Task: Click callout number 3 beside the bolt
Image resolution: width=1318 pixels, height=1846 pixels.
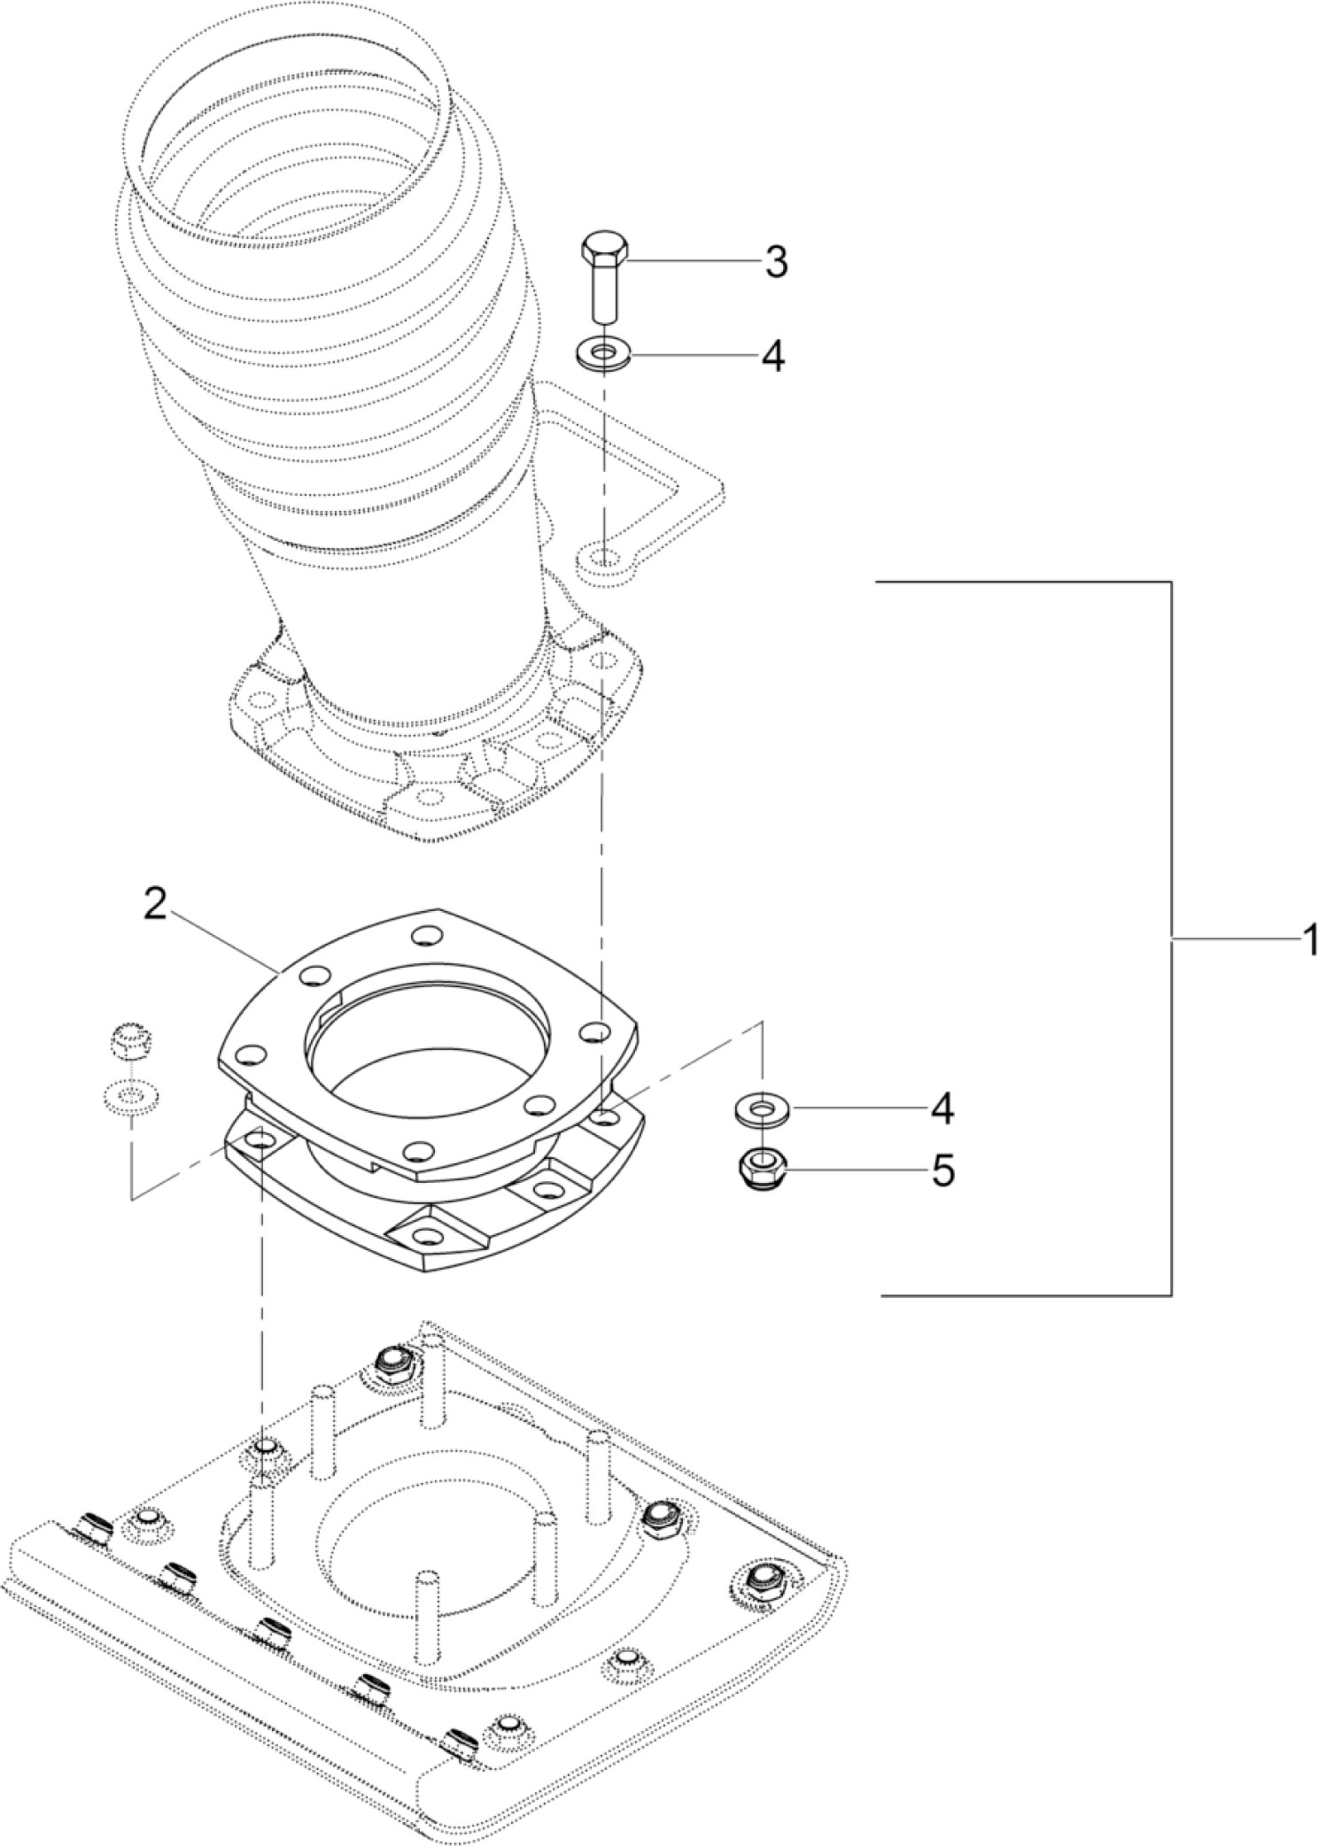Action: [x=776, y=263]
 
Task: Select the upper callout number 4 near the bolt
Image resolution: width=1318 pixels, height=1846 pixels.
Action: [x=772, y=357]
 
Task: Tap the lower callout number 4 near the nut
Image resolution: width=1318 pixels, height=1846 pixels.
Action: [x=942, y=1108]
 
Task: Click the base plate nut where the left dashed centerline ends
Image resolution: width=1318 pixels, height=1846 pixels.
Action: [x=262, y=1450]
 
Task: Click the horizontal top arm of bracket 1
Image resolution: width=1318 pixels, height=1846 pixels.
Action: [x=1019, y=582]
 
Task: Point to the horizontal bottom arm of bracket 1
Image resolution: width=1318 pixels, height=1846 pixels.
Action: [x=1019, y=1295]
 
